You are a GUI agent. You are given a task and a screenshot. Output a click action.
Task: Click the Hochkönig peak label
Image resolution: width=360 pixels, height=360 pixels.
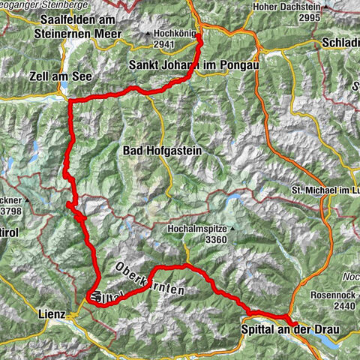pyautogui.click(x=173, y=33)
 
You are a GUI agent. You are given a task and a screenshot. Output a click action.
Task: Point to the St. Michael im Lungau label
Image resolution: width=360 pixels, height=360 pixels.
pyautogui.click(x=325, y=192)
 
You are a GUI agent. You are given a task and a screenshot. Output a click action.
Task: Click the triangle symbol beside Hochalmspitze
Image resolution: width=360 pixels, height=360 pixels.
pyautogui.click(x=232, y=226)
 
